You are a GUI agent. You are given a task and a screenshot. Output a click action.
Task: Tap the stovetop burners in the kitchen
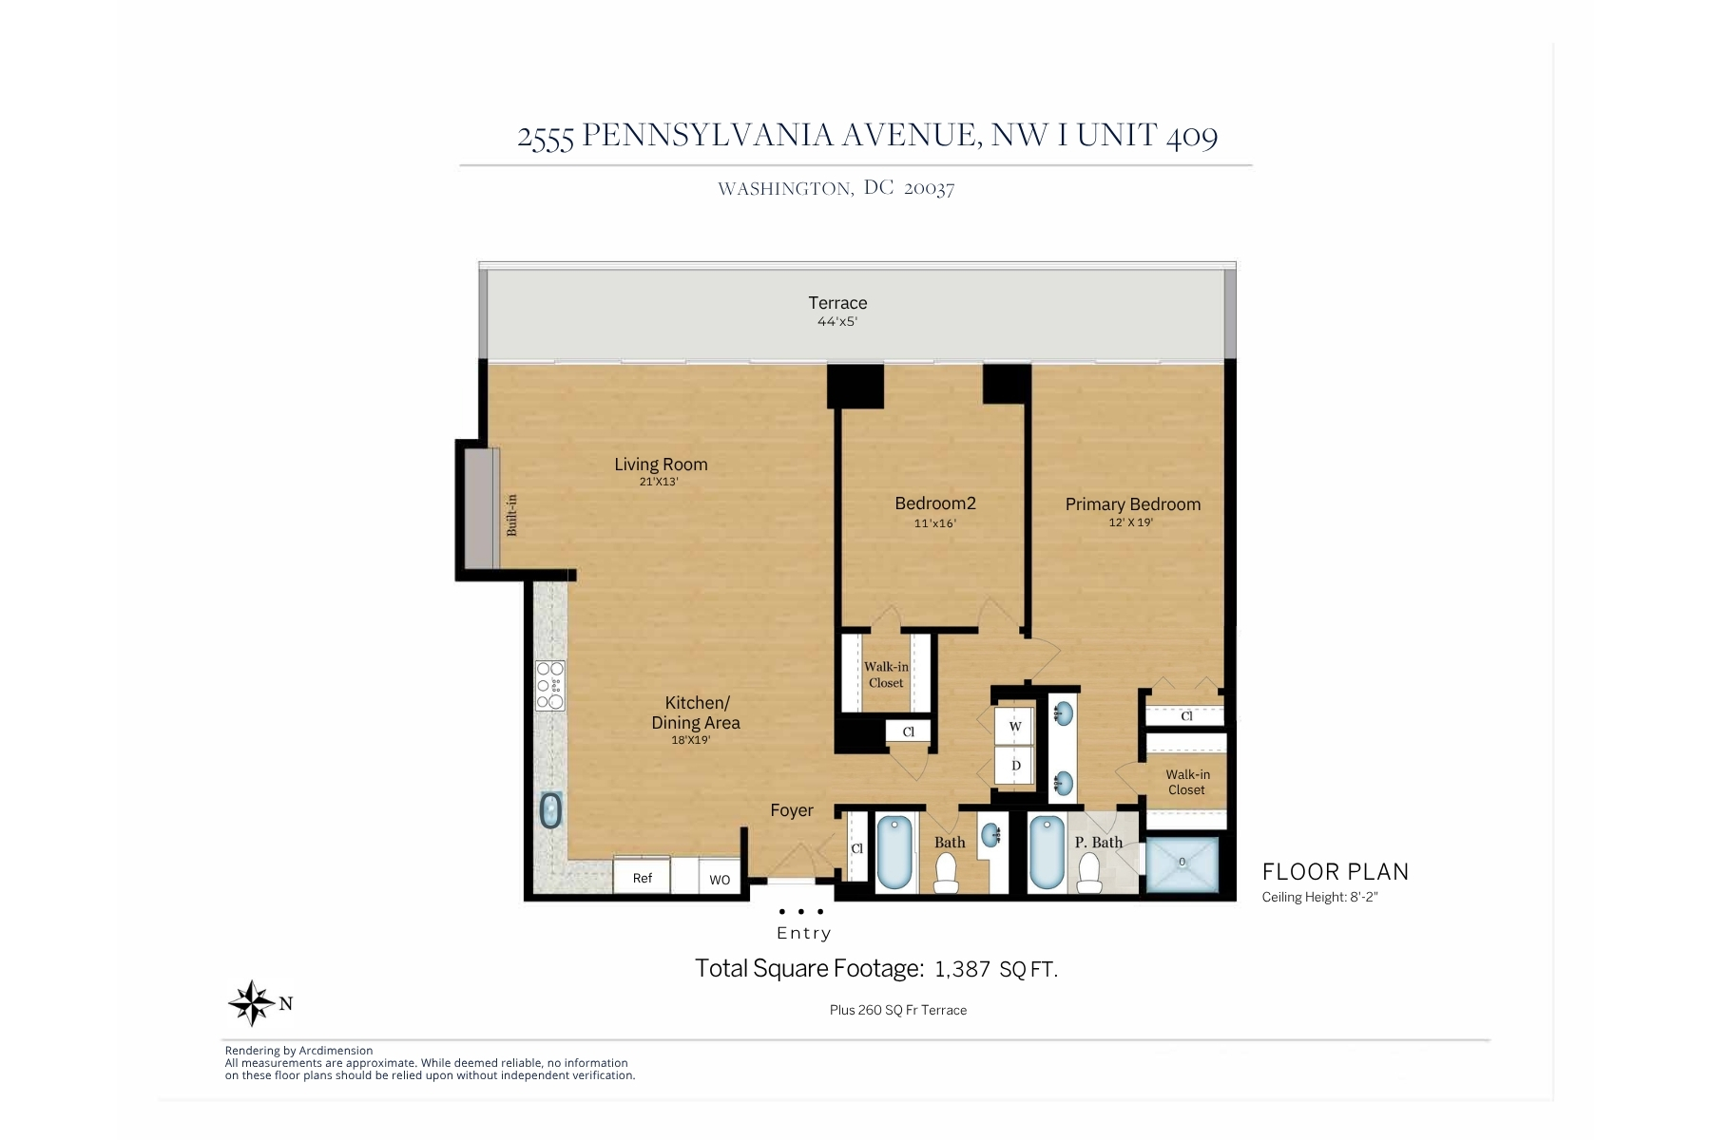[550, 686]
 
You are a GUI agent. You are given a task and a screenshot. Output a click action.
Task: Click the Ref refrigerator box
[642, 876]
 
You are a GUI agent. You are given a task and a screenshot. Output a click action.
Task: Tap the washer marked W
[1014, 727]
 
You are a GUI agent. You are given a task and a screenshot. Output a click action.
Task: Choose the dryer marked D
[1014, 766]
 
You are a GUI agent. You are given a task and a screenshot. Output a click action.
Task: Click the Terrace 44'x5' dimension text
[837, 322]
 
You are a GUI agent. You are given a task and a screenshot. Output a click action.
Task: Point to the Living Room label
[661, 465]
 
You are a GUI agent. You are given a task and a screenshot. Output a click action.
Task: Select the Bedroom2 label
[935, 503]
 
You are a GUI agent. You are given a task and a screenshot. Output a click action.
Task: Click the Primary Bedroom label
[1133, 504]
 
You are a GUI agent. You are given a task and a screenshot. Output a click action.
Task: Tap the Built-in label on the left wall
[511, 515]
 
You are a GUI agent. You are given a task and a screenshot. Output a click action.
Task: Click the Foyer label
[792, 810]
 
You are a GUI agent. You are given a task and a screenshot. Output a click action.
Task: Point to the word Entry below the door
[804, 933]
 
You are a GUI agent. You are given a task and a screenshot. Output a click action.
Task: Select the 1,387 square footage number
[963, 969]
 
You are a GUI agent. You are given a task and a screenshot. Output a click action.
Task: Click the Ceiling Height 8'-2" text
[1319, 897]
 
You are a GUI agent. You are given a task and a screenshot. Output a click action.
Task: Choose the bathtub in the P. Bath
[1046, 852]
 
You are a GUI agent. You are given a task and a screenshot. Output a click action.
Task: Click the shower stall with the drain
[1182, 864]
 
